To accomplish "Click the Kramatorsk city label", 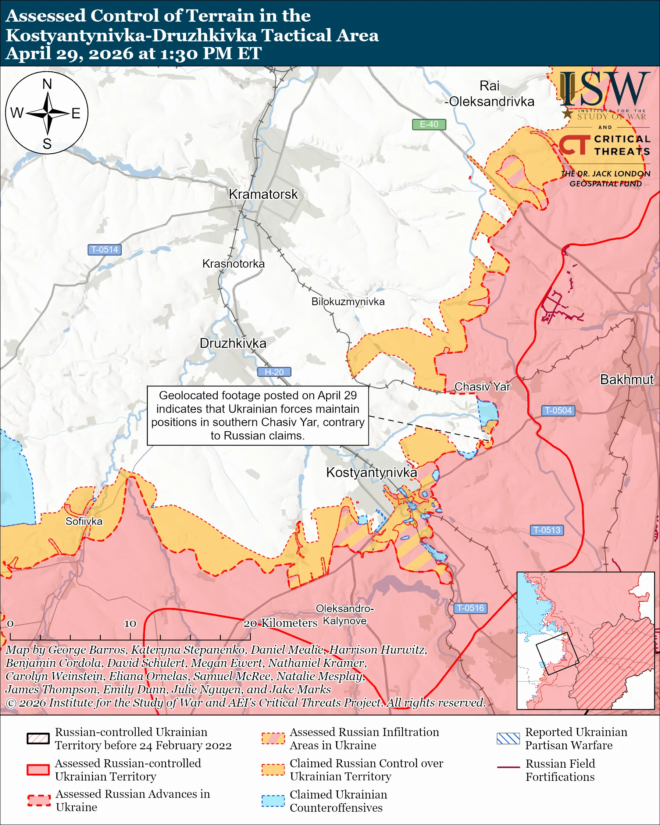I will (x=263, y=194).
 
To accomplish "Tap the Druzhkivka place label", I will (x=233, y=343).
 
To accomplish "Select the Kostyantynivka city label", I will (x=371, y=472).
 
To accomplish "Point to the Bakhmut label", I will (x=626, y=379).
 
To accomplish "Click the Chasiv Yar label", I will (x=482, y=387).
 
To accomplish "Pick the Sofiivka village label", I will (x=84, y=522).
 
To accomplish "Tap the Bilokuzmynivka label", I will (x=348, y=302).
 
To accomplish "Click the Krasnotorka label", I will (x=233, y=264).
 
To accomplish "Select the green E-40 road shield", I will (x=428, y=124).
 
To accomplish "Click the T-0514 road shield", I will (x=104, y=250).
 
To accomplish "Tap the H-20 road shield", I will (x=274, y=372).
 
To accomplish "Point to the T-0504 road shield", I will (x=558, y=411).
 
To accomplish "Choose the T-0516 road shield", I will (x=470, y=608).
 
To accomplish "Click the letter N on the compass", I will (x=47, y=84).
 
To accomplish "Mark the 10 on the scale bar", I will (x=130, y=624).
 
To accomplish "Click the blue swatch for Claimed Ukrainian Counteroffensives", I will (x=273, y=801).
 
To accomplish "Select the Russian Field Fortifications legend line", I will (x=508, y=767).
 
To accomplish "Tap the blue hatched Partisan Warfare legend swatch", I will (x=508, y=739).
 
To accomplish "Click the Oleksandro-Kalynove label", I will (x=345, y=615).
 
